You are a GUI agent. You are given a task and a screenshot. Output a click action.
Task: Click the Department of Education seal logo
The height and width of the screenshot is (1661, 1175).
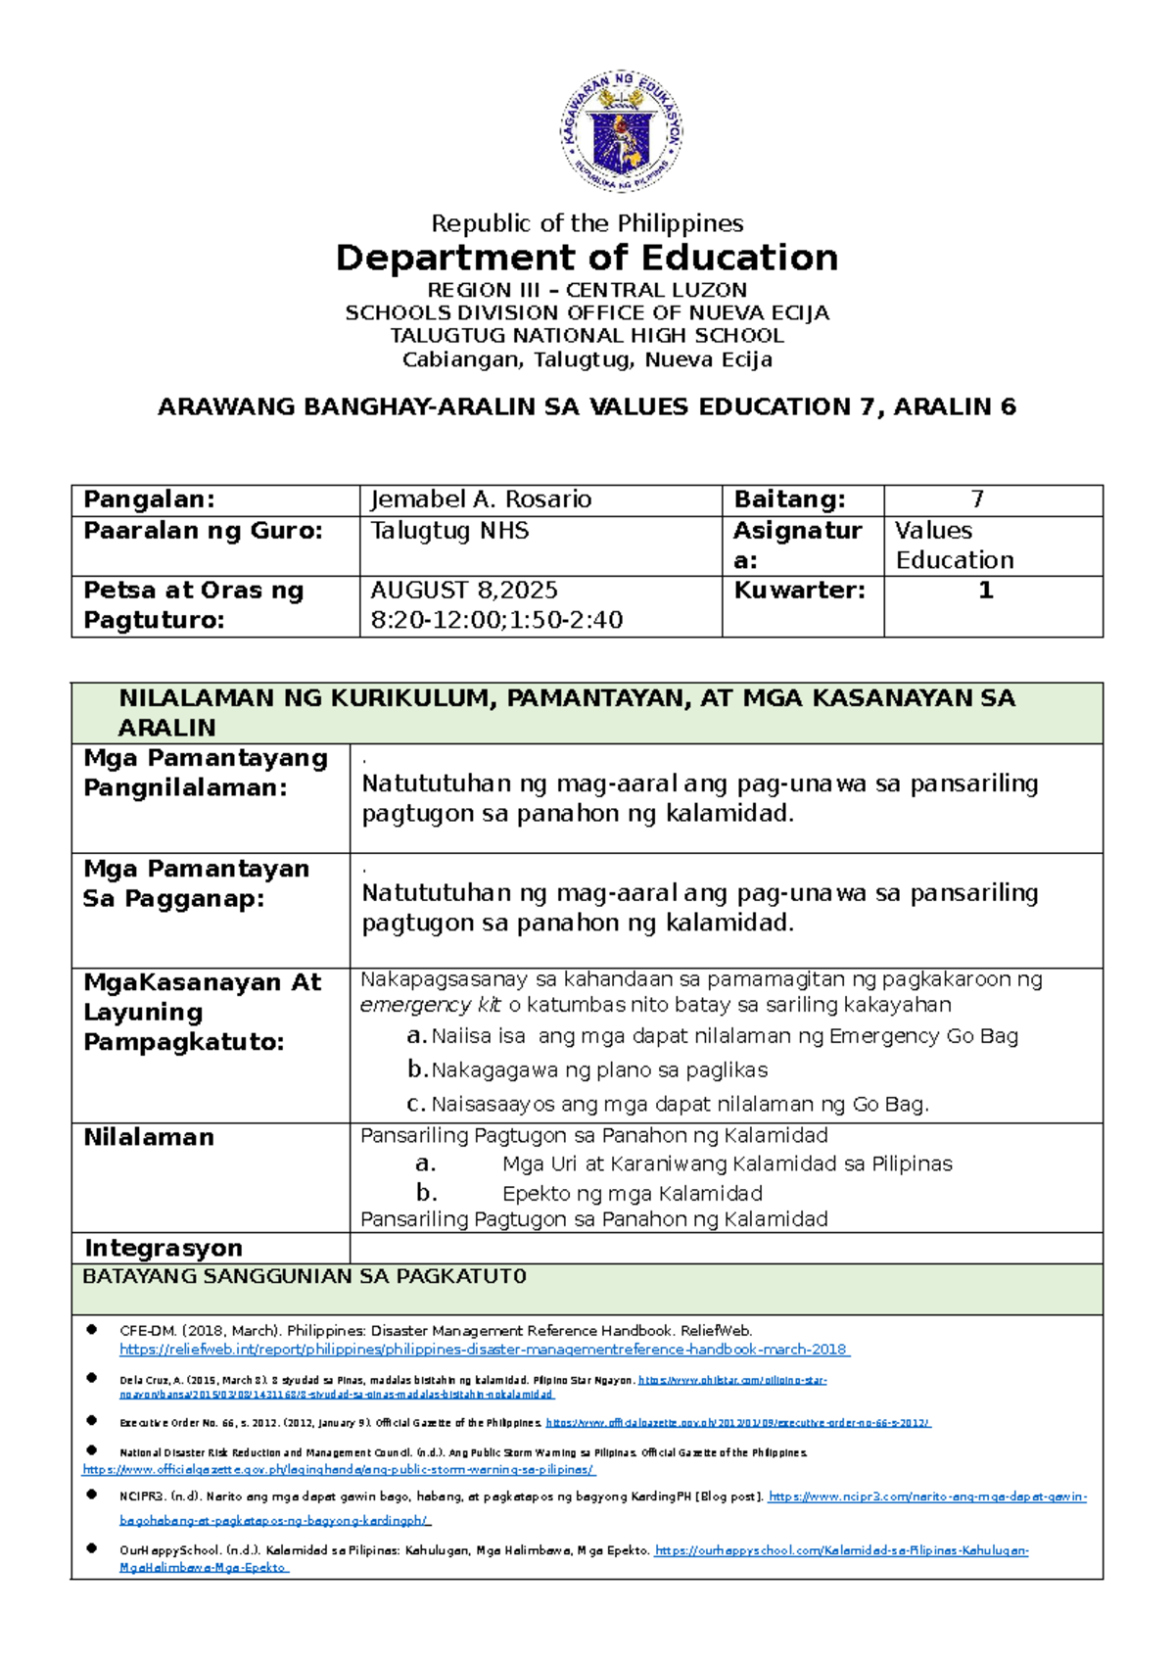click(622, 132)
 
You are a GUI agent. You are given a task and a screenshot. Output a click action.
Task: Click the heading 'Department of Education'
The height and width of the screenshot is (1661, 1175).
click(587, 258)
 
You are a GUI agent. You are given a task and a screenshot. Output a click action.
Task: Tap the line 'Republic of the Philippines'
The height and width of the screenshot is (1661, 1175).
click(587, 223)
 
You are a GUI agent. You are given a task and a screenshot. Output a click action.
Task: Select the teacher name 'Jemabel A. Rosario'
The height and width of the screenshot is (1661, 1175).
click(481, 499)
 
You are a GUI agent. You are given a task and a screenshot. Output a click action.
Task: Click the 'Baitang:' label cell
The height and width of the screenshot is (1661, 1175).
click(789, 499)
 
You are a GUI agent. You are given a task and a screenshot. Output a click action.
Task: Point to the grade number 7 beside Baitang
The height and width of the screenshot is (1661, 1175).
click(976, 499)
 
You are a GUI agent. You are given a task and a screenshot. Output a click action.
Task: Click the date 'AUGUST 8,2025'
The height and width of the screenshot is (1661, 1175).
click(464, 591)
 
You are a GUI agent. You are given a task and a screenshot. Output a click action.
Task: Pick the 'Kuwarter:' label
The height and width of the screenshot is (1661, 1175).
click(799, 591)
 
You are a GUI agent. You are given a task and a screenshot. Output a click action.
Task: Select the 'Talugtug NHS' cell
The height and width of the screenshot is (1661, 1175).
click(449, 531)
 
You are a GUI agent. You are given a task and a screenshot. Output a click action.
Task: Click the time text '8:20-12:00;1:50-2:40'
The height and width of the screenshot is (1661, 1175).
click(496, 620)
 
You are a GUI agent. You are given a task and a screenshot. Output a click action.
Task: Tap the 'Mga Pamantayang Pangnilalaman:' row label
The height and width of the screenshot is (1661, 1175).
click(206, 773)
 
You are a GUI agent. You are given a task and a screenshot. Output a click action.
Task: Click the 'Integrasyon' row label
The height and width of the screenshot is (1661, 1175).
click(164, 1248)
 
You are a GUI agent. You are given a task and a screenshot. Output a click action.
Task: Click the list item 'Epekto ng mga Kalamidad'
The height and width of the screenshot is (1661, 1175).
click(632, 1194)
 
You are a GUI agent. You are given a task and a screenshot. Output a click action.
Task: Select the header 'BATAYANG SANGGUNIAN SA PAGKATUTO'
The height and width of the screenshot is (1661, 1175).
click(305, 1276)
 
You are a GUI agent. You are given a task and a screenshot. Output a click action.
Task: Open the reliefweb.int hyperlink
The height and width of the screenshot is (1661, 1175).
click(485, 1350)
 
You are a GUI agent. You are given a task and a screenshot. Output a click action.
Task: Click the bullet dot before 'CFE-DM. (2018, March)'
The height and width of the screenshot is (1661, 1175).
click(92, 1329)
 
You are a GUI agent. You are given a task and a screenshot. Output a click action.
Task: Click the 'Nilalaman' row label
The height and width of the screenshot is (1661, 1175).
click(149, 1137)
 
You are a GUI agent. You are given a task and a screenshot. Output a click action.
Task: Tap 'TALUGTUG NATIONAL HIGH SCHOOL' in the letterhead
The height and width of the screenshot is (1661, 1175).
click(587, 336)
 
